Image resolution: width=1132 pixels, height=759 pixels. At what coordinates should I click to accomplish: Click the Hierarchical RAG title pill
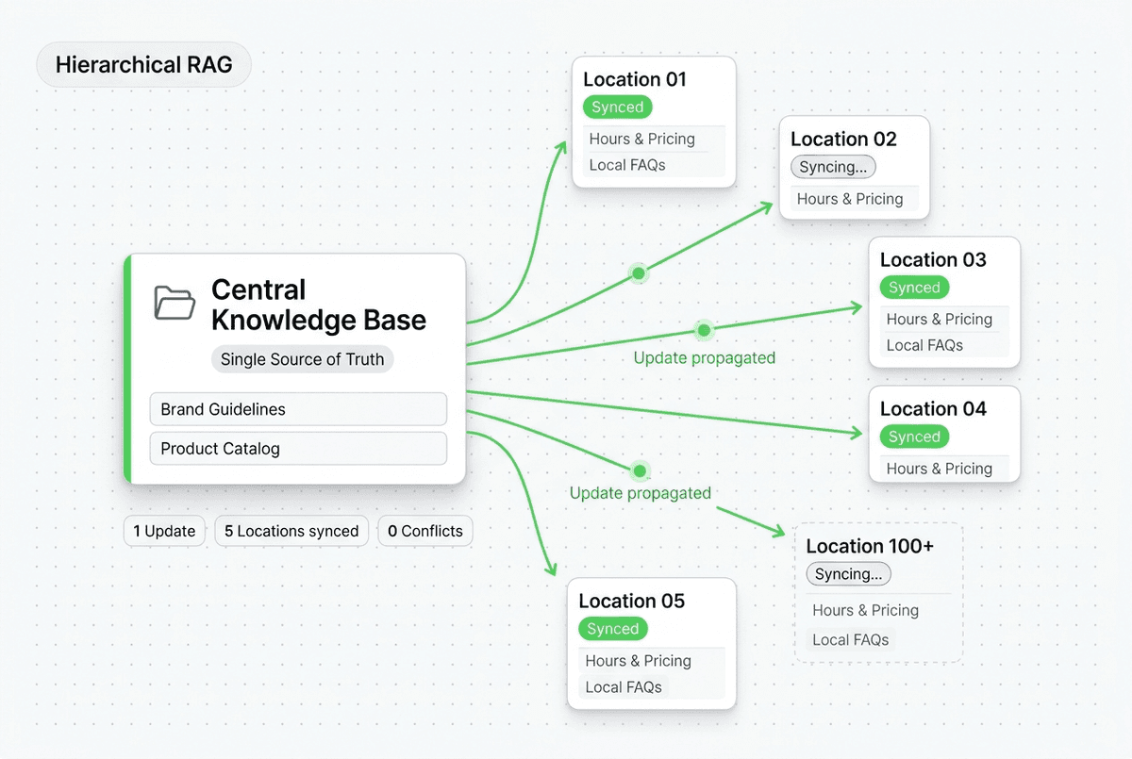(x=143, y=65)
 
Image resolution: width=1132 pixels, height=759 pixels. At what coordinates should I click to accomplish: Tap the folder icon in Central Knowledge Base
(x=175, y=302)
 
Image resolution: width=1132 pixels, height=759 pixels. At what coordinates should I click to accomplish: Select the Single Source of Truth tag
(x=302, y=359)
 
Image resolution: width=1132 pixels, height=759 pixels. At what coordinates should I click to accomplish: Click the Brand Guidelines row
(x=298, y=409)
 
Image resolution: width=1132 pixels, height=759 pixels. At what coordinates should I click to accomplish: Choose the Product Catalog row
(x=298, y=449)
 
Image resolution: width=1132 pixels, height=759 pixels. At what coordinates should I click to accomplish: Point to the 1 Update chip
(x=164, y=531)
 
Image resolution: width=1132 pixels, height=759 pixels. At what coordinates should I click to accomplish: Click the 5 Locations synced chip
(x=291, y=531)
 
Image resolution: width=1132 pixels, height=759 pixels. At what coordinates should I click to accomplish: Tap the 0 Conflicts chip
(x=425, y=531)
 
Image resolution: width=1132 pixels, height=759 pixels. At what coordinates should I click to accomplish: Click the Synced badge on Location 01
(x=617, y=107)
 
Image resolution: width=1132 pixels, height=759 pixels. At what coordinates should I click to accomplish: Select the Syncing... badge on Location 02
(x=833, y=167)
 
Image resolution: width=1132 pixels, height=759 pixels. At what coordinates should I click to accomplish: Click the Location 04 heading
(x=933, y=408)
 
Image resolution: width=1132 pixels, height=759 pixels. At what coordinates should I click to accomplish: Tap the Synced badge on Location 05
(x=612, y=629)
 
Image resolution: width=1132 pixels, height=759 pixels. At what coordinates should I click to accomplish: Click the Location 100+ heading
(x=870, y=546)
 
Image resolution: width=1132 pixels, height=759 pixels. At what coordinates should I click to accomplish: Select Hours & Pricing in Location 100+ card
(x=865, y=610)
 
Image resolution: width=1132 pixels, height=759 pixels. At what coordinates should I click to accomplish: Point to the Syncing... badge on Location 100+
(x=848, y=574)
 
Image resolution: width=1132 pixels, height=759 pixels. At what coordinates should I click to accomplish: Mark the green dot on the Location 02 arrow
(x=639, y=273)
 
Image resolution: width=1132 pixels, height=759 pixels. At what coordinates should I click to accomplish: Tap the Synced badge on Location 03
(x=914, y=288)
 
